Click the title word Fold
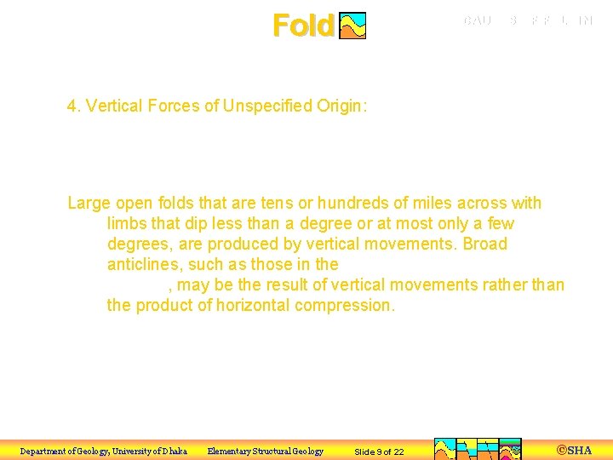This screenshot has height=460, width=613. coord(302,26)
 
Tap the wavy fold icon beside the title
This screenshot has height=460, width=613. coord(352,26)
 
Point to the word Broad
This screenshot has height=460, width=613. coord(482,244)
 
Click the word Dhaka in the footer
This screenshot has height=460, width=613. coord(172,451)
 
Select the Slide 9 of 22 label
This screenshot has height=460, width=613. coord(379,451)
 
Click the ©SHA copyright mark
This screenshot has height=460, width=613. coord(574,450)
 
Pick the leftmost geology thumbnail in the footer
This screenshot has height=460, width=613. coord(445,449)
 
